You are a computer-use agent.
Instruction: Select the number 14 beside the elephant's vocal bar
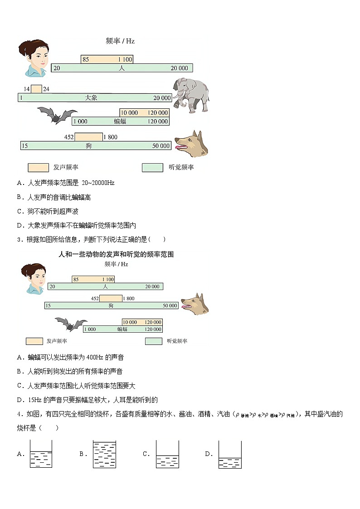pos(26,89)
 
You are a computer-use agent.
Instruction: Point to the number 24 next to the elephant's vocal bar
pos(46,89)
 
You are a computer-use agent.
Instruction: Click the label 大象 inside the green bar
pos(91,98)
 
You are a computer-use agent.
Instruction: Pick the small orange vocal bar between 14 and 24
pos(36,89)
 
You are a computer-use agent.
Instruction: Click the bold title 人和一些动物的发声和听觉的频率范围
pos(116,254)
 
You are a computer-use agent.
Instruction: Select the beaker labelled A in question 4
pos(41,454)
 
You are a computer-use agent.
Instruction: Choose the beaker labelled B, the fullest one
pos(104,454)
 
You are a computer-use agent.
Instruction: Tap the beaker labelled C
pos(167,454)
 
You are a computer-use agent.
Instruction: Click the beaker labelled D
pos(230,454)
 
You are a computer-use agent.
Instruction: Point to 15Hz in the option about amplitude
pos(35,400)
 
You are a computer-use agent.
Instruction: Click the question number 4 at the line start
pos(19,414)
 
